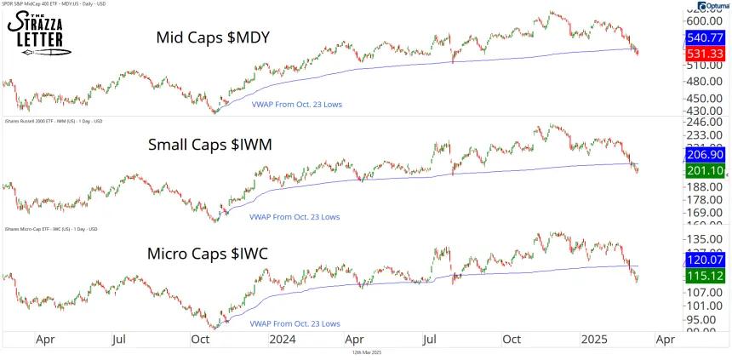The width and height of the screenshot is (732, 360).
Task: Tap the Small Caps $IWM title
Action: (x=209, y=145)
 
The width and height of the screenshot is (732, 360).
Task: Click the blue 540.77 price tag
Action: (x=705, y=38)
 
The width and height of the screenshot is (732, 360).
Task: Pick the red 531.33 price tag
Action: (x=705, y=54)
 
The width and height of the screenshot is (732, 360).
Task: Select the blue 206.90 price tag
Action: (x=705, y=157)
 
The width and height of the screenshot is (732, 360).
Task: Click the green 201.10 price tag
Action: (x=705, y=171)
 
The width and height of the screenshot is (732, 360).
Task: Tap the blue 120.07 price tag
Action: (x=705, y=259)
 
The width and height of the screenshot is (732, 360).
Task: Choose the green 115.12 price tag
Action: (x=705, y=277)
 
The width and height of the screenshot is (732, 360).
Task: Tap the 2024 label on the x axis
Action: (x=281, y=339)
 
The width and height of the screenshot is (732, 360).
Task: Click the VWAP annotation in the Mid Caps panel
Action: (x=294, y=105)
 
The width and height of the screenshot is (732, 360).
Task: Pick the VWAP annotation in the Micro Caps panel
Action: (x=294, y=324)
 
